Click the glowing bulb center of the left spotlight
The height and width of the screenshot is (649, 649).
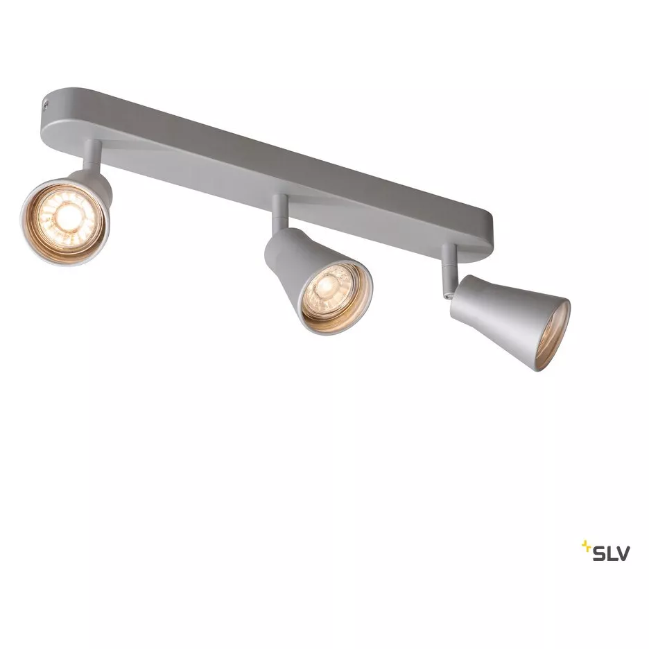[x=65, y=215]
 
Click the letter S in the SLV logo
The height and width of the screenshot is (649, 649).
[x=599, y=553]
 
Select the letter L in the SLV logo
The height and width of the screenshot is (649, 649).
[x=611, y=553]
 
